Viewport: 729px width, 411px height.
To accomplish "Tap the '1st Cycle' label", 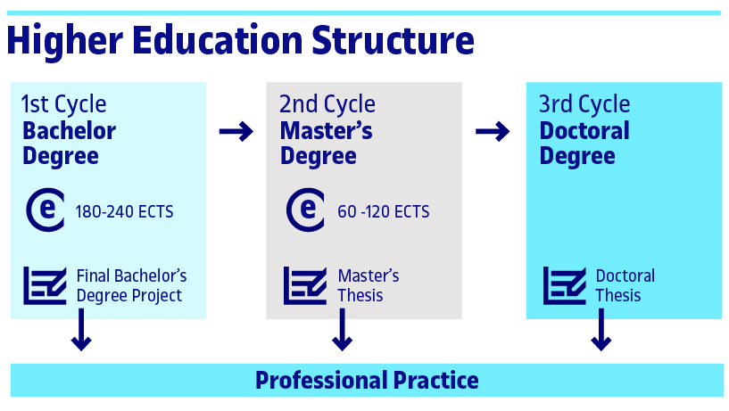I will coord(63,104).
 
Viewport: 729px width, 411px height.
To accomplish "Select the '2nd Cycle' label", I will coord(327,104).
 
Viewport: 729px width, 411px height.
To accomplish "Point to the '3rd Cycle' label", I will coord(584,104).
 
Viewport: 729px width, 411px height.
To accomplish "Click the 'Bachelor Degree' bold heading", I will coord(69,143).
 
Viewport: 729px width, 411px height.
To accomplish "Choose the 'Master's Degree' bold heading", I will coord(326,143).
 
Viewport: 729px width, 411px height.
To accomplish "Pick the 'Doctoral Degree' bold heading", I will coord(584,143).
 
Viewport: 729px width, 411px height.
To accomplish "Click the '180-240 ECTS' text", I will coord(124,212).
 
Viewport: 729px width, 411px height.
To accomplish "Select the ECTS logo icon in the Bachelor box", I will coord(45,210).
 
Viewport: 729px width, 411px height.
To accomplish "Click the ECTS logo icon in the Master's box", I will coord(305,210).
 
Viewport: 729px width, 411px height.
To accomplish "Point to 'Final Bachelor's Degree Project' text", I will coord(131,285).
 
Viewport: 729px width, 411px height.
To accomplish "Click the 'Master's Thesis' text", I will coord(368,285).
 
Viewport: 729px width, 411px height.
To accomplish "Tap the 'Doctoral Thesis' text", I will coord(625,285).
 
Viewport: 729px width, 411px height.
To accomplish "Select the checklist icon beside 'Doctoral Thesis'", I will coord(564,285).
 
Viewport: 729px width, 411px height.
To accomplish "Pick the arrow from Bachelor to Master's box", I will coord(236,133).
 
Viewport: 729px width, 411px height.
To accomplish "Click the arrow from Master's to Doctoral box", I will coord(493,133).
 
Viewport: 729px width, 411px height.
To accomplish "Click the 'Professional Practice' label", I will coord(367,381).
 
